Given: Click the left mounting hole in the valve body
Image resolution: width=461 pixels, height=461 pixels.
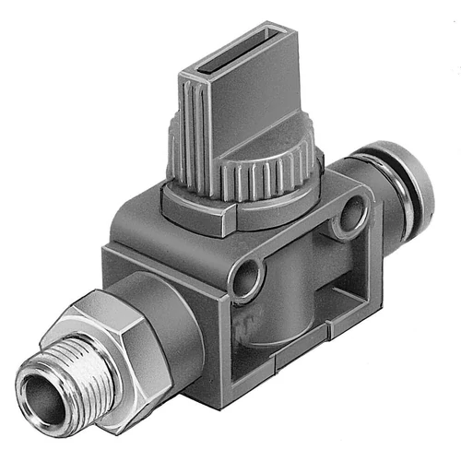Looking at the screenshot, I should coord(244,276).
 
